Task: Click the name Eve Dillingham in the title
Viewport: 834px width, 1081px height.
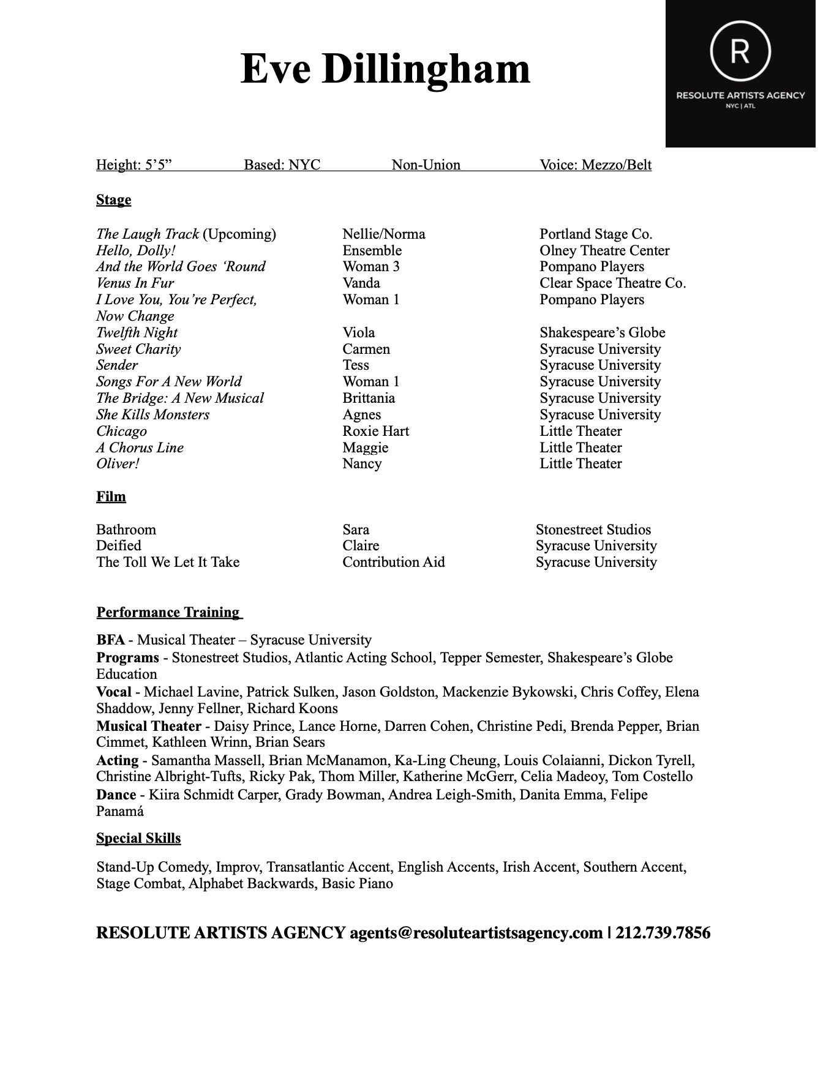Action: [385, 69]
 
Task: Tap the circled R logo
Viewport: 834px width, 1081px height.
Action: [740, 51]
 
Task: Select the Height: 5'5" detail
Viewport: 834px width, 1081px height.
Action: [134, 165]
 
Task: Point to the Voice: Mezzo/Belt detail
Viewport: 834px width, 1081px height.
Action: [595, 165]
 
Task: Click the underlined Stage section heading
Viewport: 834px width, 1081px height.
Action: [113, 200]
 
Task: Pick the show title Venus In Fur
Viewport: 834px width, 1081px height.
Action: [135, 283]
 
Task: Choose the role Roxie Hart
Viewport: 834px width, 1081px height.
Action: [375, 431]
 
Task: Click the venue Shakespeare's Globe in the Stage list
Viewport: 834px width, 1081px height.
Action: [602, 332]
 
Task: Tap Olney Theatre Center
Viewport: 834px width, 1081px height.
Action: [604, 250]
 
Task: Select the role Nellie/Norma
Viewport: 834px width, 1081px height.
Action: [383, 234]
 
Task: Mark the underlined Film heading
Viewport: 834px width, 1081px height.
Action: [111, 496]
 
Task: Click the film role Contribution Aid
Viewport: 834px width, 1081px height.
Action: [393, 562]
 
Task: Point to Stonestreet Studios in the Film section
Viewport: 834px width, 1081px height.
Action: [593, 529]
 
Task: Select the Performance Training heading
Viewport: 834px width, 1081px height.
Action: [169, 612]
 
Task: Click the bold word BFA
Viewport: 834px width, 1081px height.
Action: [110, 640]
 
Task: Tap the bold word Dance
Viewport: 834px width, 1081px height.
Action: [116, 795]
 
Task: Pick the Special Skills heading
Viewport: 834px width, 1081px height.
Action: [138, 838]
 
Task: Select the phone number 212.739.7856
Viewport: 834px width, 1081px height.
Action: [663, 933]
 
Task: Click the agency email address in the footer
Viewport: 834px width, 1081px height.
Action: [476, 933]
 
